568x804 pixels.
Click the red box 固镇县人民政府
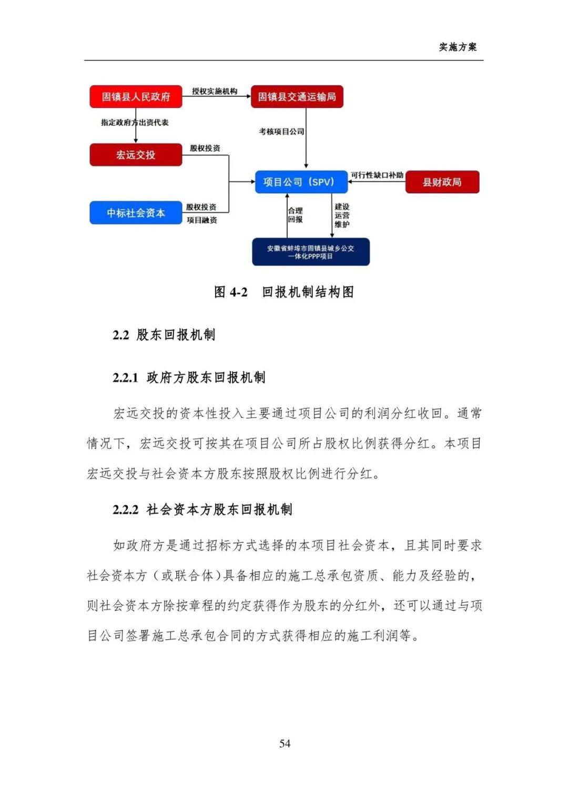tap(136, 97)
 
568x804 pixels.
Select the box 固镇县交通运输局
tap(297, 97)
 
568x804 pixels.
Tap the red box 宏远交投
tap(136, 155)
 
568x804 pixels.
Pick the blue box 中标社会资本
tap(136, 213)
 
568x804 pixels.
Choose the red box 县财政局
tap(442, 182)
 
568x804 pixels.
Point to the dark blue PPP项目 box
tap(310, 252)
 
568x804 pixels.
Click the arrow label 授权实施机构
tap(215, 91)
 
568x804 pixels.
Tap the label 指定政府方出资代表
tap(135, 122)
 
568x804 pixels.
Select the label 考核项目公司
tap(281, 131)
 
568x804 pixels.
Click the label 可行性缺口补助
tap(377, 175)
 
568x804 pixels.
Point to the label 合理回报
tap(295, 215)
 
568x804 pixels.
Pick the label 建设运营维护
tap(342, 215)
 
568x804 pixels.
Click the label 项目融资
tap(202, 220)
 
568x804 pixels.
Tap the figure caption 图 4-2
tap(231, 292)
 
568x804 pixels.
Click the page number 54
tap(285, 743)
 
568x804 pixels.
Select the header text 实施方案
tap(458, 47)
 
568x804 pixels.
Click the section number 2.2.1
tap(125, 378)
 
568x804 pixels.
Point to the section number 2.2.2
tap(126, 510)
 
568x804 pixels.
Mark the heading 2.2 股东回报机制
tap(164, 335)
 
